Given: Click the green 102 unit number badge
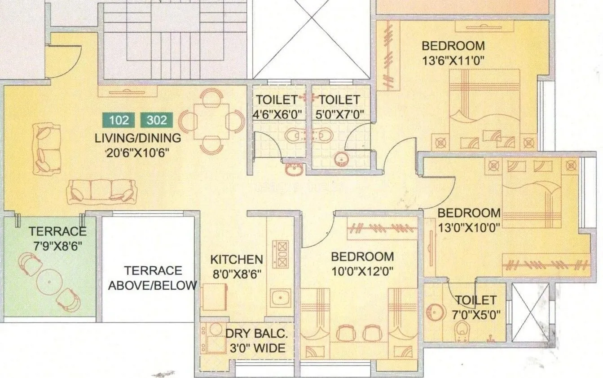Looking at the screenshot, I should (119, 120).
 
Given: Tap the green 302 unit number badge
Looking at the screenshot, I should (157, 120).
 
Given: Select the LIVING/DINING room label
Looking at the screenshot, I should (138, 138).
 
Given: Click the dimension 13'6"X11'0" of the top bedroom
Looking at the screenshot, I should (453, 61).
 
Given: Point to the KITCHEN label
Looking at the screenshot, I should (237, 259).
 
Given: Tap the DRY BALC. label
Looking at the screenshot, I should (256, 334).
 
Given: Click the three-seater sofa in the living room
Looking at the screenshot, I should (101, 191).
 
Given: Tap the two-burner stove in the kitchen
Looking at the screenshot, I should (281, 254).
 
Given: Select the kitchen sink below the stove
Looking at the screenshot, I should (281, 297).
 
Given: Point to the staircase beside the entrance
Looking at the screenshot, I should (175, 40).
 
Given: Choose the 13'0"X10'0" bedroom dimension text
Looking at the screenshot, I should (469, 227).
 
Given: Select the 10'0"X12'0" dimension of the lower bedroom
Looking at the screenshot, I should (362, 271).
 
